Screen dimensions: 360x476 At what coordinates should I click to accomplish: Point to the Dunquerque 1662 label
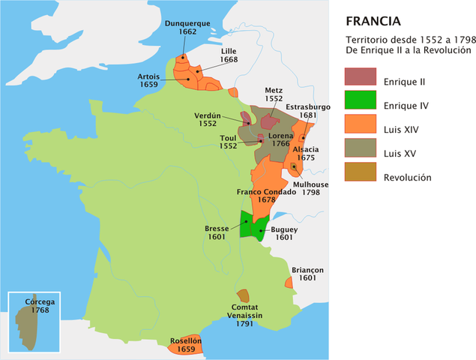click(x=187, y=28)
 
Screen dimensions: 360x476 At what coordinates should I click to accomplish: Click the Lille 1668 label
click(x=229, y=55)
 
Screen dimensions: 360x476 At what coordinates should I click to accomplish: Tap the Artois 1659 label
click(x=148, y=81)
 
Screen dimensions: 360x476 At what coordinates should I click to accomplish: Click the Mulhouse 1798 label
click(x=310, y=188)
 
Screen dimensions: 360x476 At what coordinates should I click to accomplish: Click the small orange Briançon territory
click(x=289, y=283)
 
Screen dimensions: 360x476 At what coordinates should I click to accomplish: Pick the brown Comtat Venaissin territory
click(x=243, y=295)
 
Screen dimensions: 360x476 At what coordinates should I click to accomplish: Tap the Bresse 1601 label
click(x=217, y=232)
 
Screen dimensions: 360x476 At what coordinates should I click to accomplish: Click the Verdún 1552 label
click(x=207, y=120)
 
